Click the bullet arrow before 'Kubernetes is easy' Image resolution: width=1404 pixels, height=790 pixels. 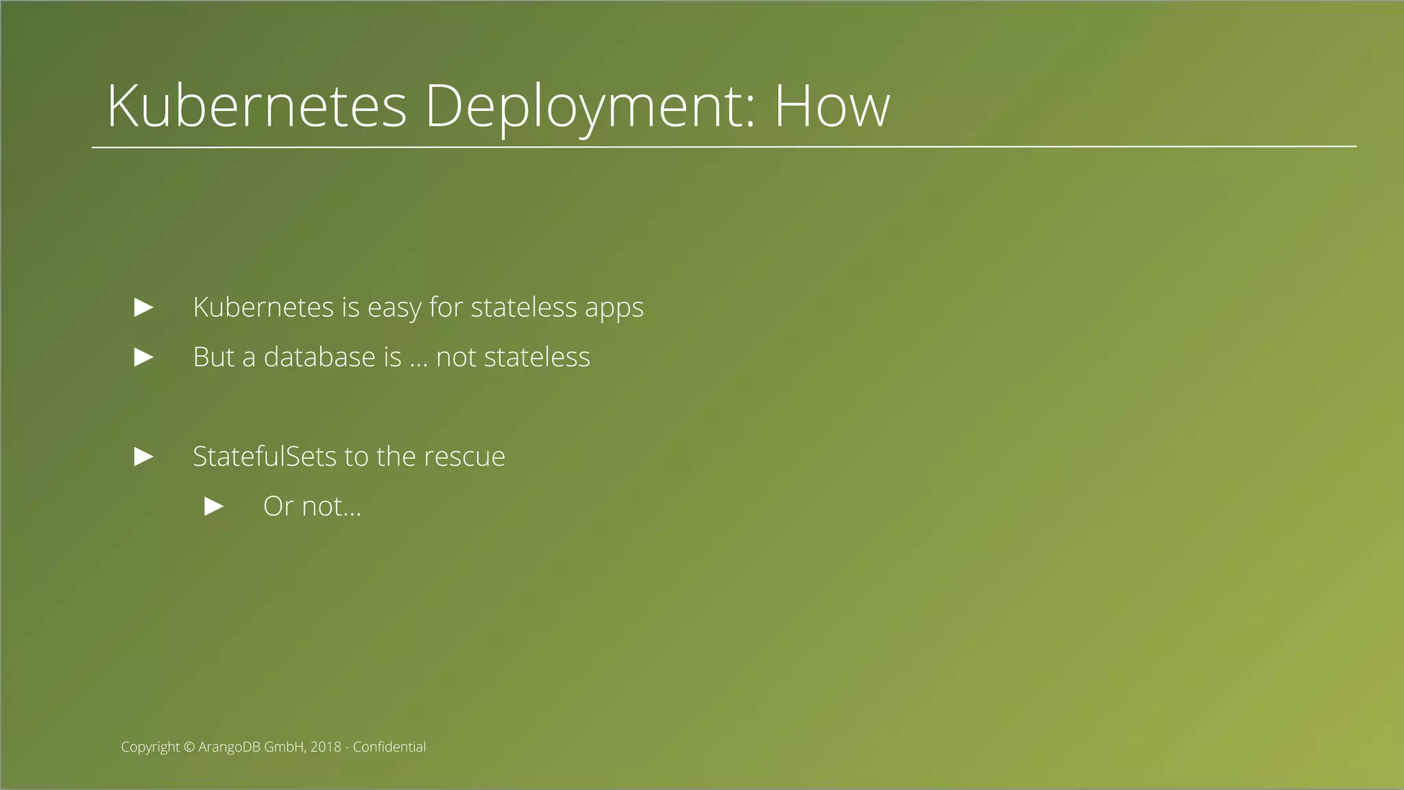point(144,307)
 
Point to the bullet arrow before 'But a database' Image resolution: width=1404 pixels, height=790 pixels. point(144,357)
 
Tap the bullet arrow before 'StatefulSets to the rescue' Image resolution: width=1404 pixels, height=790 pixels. point(144,457)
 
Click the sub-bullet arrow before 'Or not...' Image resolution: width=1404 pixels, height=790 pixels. point(215,507)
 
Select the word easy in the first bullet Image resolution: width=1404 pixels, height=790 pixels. point(394,308)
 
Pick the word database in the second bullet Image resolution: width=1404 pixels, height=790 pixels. point(319,357)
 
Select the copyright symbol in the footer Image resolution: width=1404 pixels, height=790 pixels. point(189,747)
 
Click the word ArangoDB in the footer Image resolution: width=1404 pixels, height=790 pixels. point(229,747)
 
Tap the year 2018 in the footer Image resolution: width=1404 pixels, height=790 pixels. point(326,747)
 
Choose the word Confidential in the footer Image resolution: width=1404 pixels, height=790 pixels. point(389,747)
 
